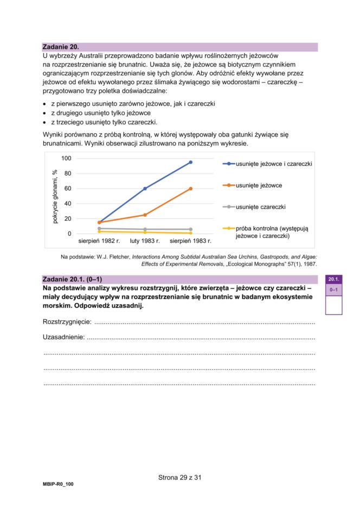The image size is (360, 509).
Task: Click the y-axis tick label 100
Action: [66, 158]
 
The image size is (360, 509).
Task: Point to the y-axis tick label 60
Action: [68, 189]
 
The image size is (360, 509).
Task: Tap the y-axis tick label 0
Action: [69, 234]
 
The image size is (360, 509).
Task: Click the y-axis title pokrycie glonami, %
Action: [55, 196]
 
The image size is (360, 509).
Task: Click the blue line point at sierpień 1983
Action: [190, 162]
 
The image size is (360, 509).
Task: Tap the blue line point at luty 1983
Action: [145, 189]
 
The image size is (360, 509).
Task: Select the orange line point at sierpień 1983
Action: [190, 189]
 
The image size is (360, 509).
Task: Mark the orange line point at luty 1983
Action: [145, 215]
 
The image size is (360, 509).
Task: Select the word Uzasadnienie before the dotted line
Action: [63, 338]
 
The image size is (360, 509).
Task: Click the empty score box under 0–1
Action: [333, 305]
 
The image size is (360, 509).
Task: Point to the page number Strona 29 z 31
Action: [180, 478]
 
